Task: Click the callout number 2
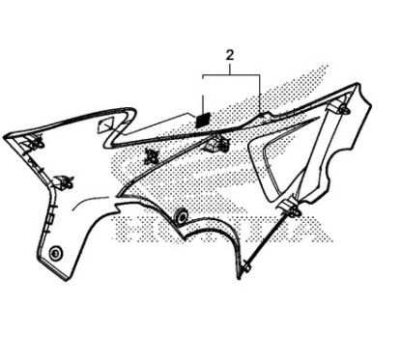pyautogui.click(x=230, y=56)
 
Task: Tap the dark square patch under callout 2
pyautogui.click(x=204, y=117)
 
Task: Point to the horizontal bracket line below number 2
pyautogui.click(x=232, y=74)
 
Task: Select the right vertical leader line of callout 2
pyautogui.click(x=261, y=91)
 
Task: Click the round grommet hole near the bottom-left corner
pyautogui.click(x=55, y=253)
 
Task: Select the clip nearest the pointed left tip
pyautogui.click(x=39, y=142)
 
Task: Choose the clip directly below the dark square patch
pyautogui.click(x=217, y=145)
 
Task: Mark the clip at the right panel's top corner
pyautogui.click(x=341, y=110)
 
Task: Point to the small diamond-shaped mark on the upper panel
pyautogui.click(x=109, y=124)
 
